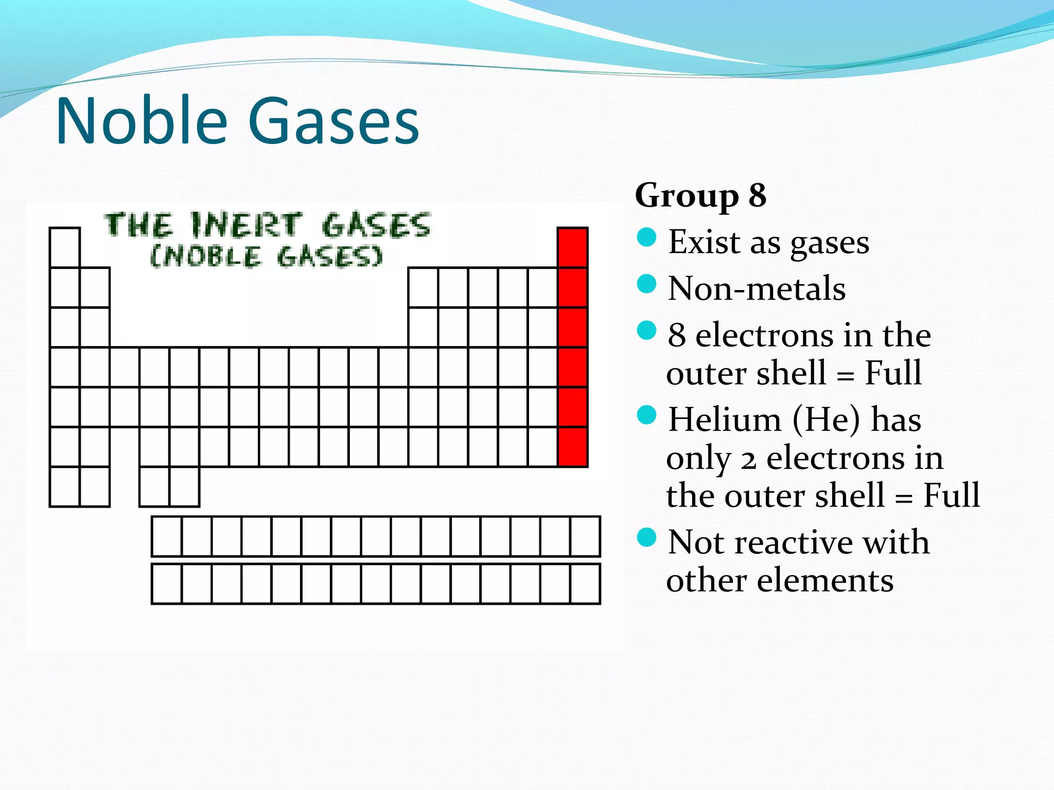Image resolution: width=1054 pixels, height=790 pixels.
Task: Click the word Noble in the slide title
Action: coord(142,121)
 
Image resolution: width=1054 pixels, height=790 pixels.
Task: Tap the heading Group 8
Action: coord(700,195)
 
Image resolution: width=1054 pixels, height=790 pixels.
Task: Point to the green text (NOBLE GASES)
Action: coord(267,256)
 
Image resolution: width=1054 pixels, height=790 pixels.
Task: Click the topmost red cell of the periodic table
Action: coord(573,247)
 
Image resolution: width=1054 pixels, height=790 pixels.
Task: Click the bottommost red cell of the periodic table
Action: coord(573,446)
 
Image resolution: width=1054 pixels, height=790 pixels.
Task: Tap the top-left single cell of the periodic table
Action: coord(65,247)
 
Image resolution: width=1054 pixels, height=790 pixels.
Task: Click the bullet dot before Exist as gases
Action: coord(646,238)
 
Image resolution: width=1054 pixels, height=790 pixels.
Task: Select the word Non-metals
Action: coord(757,288)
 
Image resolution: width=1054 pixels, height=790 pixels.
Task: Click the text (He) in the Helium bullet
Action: coord(826,419)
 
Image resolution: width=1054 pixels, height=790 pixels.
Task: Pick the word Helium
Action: coord(725,419)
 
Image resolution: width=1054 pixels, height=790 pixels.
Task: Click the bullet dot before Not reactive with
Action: coord(646,537)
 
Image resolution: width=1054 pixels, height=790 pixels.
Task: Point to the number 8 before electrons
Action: coord(677,335)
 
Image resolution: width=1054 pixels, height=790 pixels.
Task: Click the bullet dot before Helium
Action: coord(646,415)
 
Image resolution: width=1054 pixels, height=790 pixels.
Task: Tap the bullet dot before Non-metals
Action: coord(646,283)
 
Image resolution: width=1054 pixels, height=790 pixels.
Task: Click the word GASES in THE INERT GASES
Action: coord(376,225)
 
